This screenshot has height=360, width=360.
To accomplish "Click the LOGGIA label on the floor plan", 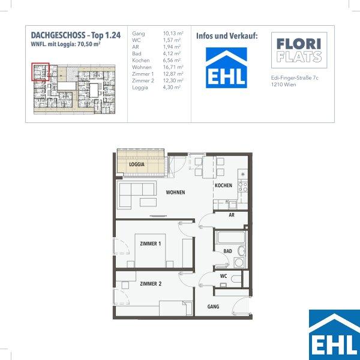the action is pos(137,164).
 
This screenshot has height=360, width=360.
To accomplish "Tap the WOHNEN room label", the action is pos(175,193).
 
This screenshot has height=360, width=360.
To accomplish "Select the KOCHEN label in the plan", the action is pos(223,185).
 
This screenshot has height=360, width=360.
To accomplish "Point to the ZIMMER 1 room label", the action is pos(151,244).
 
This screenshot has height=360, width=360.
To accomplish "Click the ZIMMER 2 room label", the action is pos(151,284).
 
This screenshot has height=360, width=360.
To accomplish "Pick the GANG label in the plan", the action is pos(213,307).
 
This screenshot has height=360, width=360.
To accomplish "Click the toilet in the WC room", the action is pos(236,279).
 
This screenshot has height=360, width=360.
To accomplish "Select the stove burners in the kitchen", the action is pos(242,187).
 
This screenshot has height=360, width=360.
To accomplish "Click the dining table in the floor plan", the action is pos(209,167).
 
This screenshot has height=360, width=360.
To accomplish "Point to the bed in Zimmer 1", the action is pos(151,250).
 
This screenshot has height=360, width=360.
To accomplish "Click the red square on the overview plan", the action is pos(40,72).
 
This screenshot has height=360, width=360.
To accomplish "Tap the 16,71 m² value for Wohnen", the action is pos(173,67).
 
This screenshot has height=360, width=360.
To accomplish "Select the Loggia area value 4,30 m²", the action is pos(172,88).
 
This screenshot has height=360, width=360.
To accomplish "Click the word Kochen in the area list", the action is pos(141,61).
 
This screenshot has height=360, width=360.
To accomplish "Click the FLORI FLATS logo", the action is pos(299,50).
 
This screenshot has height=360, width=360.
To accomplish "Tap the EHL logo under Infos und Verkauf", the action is pos(226,68).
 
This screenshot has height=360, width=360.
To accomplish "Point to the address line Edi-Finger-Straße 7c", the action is pos(295,78).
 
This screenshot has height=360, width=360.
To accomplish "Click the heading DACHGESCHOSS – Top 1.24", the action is pos(76,35).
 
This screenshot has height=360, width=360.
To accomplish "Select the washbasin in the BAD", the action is pos(242,251).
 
